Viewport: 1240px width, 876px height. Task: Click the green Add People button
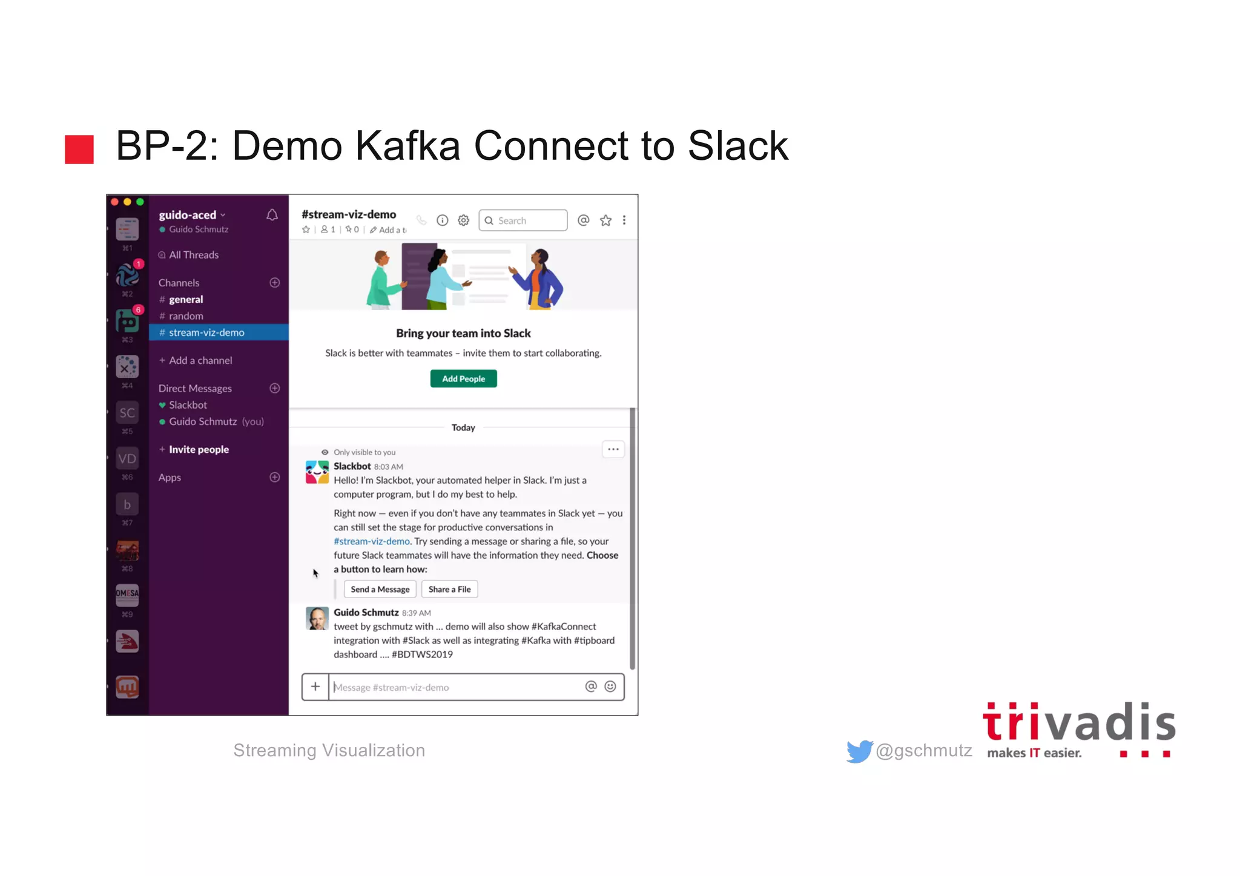click(463, 378)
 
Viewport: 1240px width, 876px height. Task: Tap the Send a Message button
click(380, 589)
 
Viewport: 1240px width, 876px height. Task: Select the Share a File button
click(449, 589)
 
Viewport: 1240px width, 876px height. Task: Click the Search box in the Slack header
click(523, 220)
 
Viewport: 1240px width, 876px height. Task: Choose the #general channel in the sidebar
click(186, 299)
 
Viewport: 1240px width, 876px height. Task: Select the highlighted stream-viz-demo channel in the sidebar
click(206, 332)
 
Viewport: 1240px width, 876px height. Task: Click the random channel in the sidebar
click(186, 316)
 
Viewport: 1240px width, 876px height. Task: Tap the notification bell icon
click(272, 215)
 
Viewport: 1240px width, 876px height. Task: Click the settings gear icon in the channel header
click(463, 220)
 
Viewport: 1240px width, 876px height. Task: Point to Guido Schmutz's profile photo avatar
click(317, 618)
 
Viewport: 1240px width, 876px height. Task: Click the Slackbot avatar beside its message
click(317, 472)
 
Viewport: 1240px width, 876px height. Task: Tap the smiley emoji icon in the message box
click(610, 686)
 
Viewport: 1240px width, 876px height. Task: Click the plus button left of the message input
click(315, 687)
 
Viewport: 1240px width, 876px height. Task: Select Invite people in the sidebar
click(199, 449)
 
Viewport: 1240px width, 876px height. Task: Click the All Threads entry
click(193, 255)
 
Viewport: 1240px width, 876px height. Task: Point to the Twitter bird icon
click(859, 751)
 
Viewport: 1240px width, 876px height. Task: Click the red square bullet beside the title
click(79, 149)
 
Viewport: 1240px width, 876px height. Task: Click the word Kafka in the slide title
click(407, 146)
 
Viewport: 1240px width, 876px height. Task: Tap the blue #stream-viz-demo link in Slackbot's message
click(371, 541)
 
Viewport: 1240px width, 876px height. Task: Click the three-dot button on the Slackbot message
click(613, 449)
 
